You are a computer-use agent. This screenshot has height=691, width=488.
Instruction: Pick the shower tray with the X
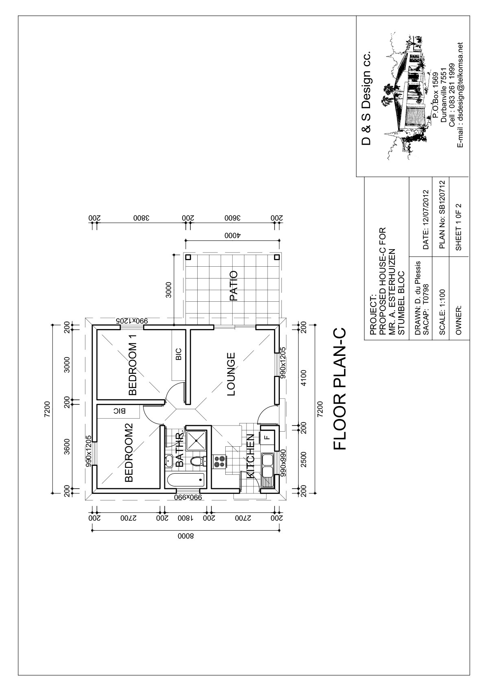point(196,440)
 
